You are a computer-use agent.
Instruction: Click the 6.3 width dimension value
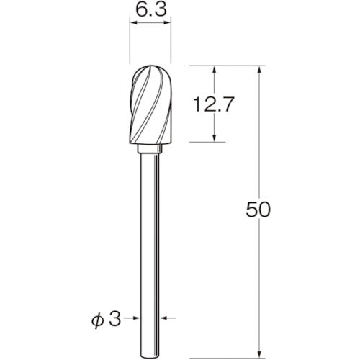[150, 11]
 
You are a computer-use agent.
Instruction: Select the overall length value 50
[257, 210]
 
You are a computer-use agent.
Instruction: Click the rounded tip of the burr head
[150, 69]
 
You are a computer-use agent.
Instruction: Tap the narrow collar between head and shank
[150, 149]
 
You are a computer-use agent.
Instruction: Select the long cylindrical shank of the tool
[150, 238]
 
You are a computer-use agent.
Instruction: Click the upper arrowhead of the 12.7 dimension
[215, 71]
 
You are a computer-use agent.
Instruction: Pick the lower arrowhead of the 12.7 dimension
[215, 138]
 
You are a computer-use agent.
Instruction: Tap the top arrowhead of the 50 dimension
[258, 71]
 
